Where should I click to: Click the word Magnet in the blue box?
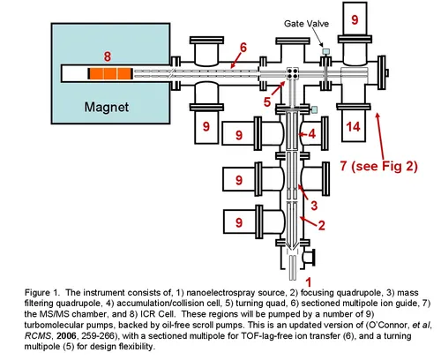(107, 108)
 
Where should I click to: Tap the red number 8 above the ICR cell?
(108, 56)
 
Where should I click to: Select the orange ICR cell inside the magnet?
(110, 74)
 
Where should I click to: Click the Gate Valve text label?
(306, 24)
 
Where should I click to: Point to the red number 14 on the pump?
(353, 127)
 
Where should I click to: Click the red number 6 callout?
(243, 48)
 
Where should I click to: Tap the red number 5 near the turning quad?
(267, 102)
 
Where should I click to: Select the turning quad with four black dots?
(293, 73)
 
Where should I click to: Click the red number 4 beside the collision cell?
(312, 134)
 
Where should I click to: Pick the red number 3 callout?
(314, 206)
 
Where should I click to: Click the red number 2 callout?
(322, 225)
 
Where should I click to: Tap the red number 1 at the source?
(308, 282)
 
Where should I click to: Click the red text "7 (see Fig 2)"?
(378, 166)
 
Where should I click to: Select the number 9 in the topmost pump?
(355, 19)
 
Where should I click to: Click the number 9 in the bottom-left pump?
(239, 222)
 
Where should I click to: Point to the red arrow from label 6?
(235, 61)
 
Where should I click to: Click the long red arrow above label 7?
(380, 137)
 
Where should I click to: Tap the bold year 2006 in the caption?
(66, 335)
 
